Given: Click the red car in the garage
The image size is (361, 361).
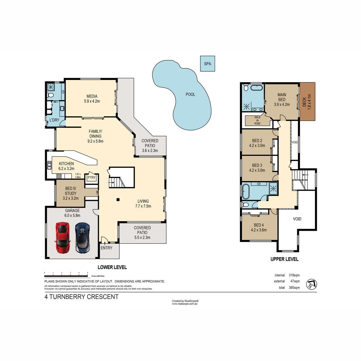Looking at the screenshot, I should pyautogui.click(x=63, y=237).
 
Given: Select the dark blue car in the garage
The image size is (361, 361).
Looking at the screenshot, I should pyautogui.click(x=82, y=237).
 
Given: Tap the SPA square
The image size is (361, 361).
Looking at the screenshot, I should pyautogui.click(x=208, y=63).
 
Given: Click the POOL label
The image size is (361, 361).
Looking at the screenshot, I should pyautogui.click(x=190, y=94).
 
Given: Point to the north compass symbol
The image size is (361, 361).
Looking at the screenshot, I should pyautogui.click(x=311, y=284).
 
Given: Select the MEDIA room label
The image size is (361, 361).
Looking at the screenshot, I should pyautogui.click(x=92, y=96).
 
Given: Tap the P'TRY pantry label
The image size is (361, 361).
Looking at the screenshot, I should pyautogui.click(x=91, y=177).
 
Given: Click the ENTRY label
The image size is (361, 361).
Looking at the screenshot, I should pyautogui.click(x=106, y=248).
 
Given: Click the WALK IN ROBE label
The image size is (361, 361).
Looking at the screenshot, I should pyautogui.click(x=258, y=120).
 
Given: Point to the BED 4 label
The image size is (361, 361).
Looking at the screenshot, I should pyautogui.click(x=259, y=225).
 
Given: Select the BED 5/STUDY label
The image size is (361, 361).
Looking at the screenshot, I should pyautogui.click(x=71, y=191).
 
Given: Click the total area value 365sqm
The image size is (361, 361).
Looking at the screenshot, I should pyautogui.click(x=294, y=288).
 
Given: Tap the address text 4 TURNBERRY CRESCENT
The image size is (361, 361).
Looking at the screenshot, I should pyautogui.click(x=82, y=297).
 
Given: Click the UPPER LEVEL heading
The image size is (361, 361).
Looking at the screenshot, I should pyautogui.click(x=284, y=259).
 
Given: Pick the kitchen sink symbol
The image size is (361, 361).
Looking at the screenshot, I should pyautogui.click(x=49, y=165).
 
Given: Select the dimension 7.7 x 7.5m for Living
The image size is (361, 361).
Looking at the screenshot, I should pyautogui.click(x=143, y=206).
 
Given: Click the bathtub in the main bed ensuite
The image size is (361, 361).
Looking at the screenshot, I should pyautogui.click(x=257, y=88).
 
